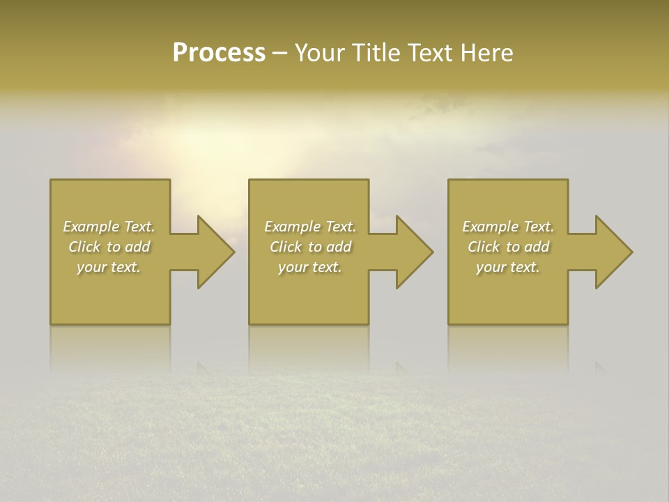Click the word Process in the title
219,53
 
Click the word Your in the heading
320,53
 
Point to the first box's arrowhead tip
234,252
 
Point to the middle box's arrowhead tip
433,252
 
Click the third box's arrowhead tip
632,252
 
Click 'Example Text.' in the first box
109,227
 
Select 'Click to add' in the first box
109,247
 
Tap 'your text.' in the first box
109,267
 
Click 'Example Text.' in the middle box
310,227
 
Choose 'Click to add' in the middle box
310,247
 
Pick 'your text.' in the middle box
310,267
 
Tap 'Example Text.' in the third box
508,227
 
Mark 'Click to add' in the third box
508,247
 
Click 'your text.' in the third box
508,267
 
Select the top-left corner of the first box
51,181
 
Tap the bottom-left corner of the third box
449,324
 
